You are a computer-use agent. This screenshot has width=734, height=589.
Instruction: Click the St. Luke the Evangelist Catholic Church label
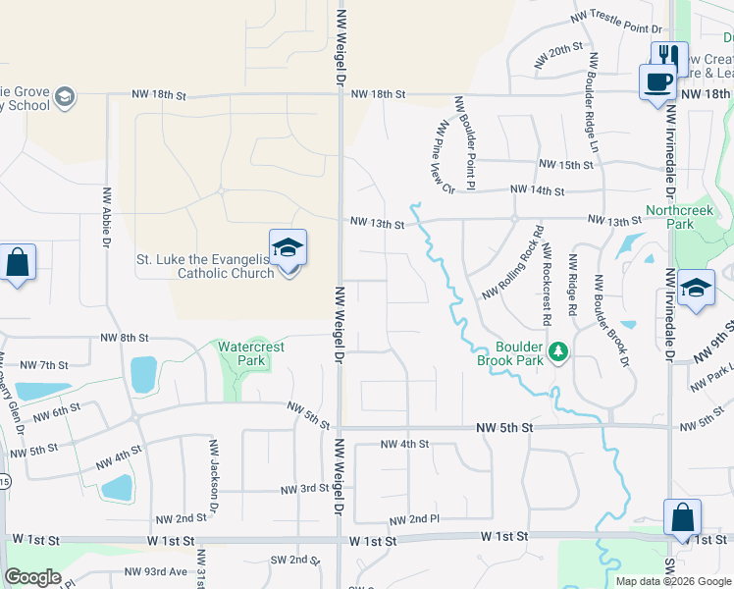pos(204,266)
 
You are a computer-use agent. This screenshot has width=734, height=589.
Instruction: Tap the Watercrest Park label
pos(241,353)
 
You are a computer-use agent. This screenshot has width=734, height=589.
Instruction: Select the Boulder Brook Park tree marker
pos(558,350)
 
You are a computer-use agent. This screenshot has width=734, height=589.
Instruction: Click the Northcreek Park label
pos(670,217)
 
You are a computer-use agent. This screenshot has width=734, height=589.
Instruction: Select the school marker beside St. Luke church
pos(288,248)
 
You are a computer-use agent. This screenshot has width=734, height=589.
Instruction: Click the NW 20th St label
pos(559,55)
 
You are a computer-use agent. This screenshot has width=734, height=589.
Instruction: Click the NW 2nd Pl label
pos(413,519)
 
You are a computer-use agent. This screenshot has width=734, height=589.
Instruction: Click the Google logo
pos(32,577)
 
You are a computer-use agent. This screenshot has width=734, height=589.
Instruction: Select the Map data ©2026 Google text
pos(673,581)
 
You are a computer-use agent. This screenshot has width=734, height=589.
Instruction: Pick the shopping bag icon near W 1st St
pos(682,516)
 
